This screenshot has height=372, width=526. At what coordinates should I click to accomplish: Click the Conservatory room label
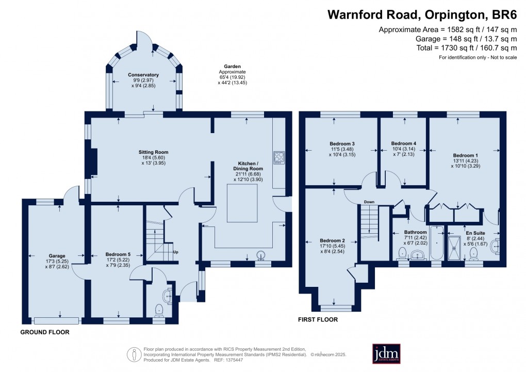coord(143,75)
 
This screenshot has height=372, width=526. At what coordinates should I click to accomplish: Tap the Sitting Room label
coord(153,152)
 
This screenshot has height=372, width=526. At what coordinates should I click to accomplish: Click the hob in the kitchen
coord(278,157)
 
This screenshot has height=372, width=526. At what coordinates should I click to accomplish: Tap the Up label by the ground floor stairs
coord(176,252)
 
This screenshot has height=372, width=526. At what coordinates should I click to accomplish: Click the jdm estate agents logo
coord(387,353)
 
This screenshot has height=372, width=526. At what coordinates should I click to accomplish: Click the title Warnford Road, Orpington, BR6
coord(422,14)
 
